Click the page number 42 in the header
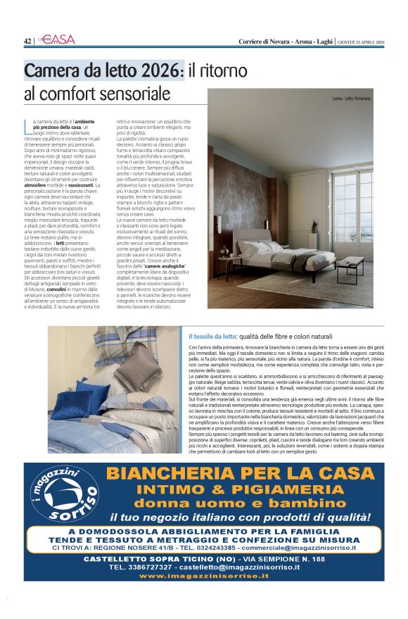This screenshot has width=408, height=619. click(27, 41)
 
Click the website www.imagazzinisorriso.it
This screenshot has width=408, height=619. click(204, 575)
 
